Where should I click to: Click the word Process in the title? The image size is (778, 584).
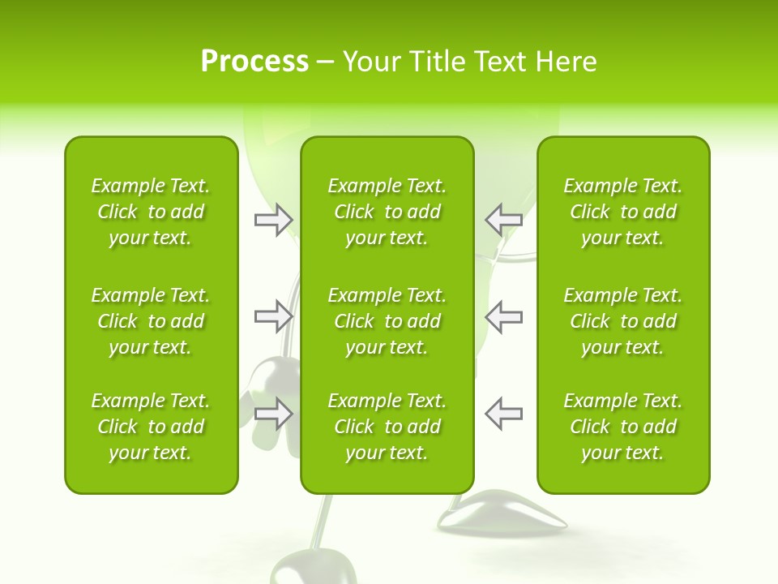click(x=254, y=62)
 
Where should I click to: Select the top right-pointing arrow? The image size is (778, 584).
click(x=273, y=219)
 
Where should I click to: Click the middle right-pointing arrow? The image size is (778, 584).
click(x=273, y=316)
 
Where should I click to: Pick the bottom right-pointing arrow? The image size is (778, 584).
click(x=273, y=414)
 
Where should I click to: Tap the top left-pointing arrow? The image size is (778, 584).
click(x=503, y=219)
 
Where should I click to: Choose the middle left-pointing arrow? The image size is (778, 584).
click(x=503, y=316)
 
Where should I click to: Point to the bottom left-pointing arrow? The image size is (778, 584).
click(x=503, y=414)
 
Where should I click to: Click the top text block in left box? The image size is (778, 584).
click(x=151, y=212)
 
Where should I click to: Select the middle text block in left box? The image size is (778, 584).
click(x=151, y=321)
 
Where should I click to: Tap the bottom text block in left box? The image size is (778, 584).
click(x=151, y=427)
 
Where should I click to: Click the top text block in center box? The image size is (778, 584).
click(x=387, y=212)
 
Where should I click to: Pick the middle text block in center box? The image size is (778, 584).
click(x=387, y=321)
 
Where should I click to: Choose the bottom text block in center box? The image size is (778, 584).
click(x=387, y=427)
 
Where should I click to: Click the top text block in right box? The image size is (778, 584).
click(x=622, y=212)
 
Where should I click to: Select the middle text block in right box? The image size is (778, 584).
click(x=622, y=321)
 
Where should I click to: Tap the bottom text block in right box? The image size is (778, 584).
click(x=622, y=427)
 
